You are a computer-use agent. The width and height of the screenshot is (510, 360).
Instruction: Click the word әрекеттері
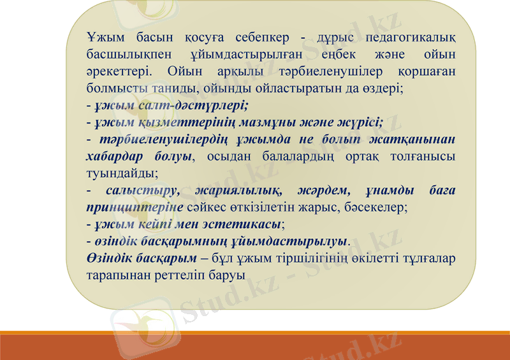click(117, 71)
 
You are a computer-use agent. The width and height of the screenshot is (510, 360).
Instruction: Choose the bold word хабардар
click(117, 155)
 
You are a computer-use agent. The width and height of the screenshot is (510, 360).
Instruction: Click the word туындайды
click(121, 173)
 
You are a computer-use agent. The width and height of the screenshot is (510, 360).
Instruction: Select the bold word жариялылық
click(237, 190)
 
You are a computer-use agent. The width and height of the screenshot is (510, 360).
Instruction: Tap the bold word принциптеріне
click(135, 207)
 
